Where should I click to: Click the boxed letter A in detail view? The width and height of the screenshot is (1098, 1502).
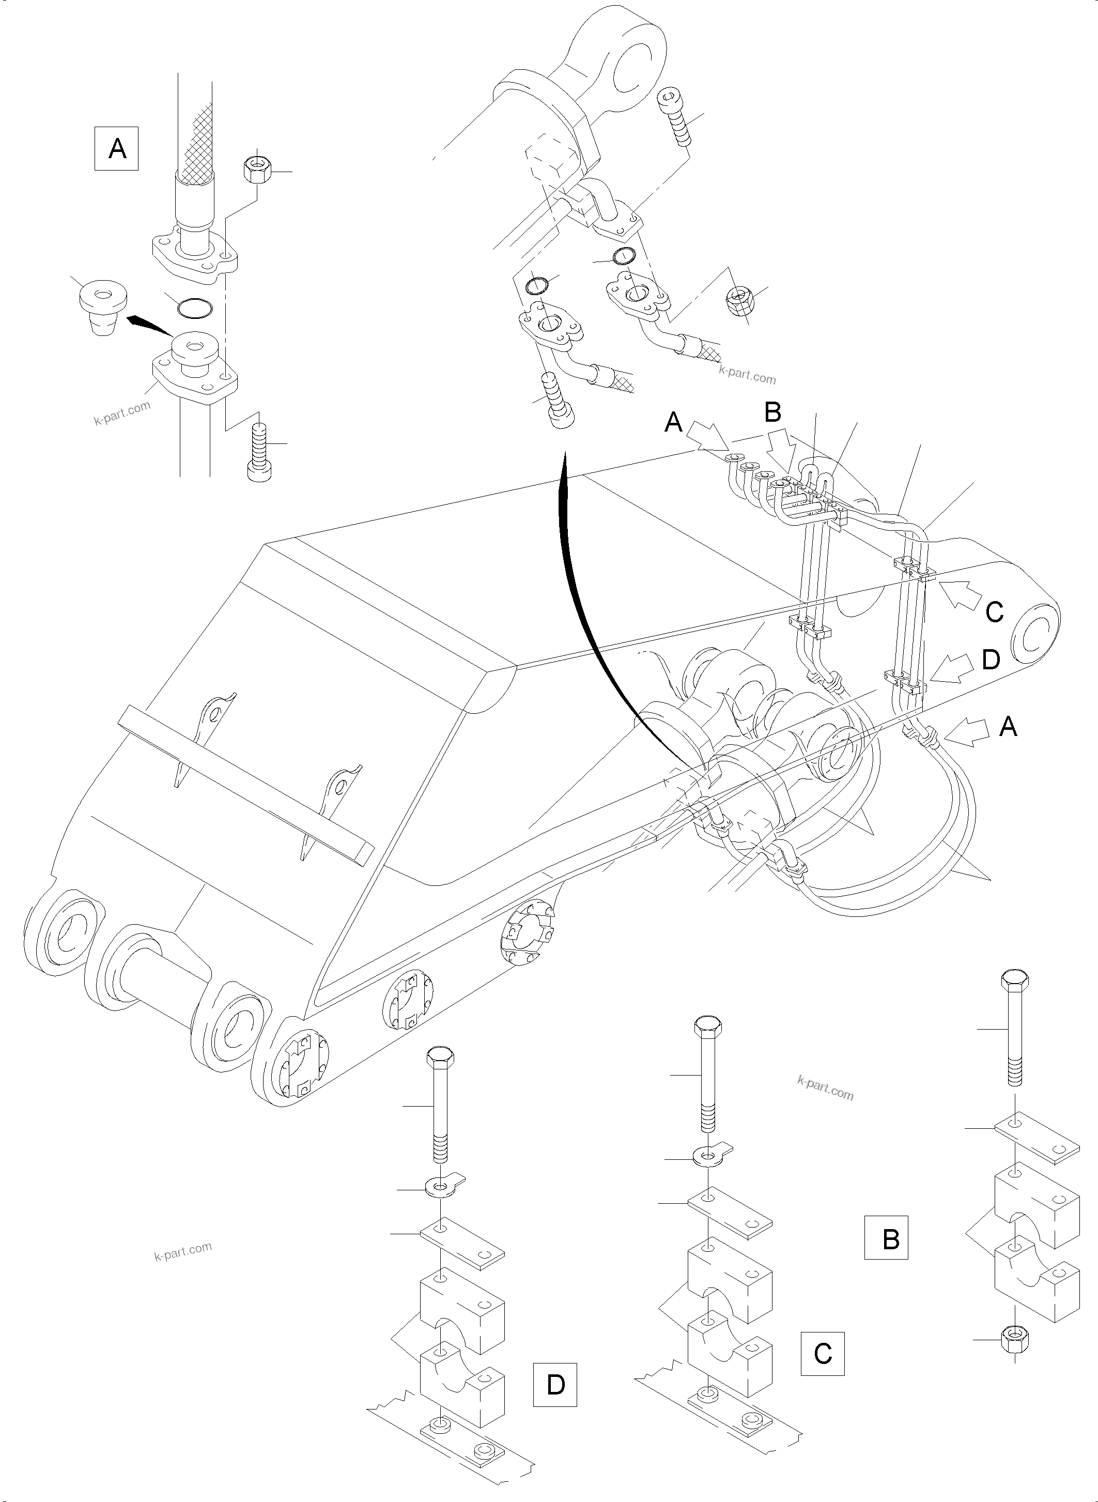tap(116, 148)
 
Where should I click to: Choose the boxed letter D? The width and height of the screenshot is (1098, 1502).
tap(555, 1384)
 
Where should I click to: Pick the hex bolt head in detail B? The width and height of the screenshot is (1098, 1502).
tap(1014, 984)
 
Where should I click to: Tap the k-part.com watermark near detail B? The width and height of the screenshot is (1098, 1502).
tap(825, 1089)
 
